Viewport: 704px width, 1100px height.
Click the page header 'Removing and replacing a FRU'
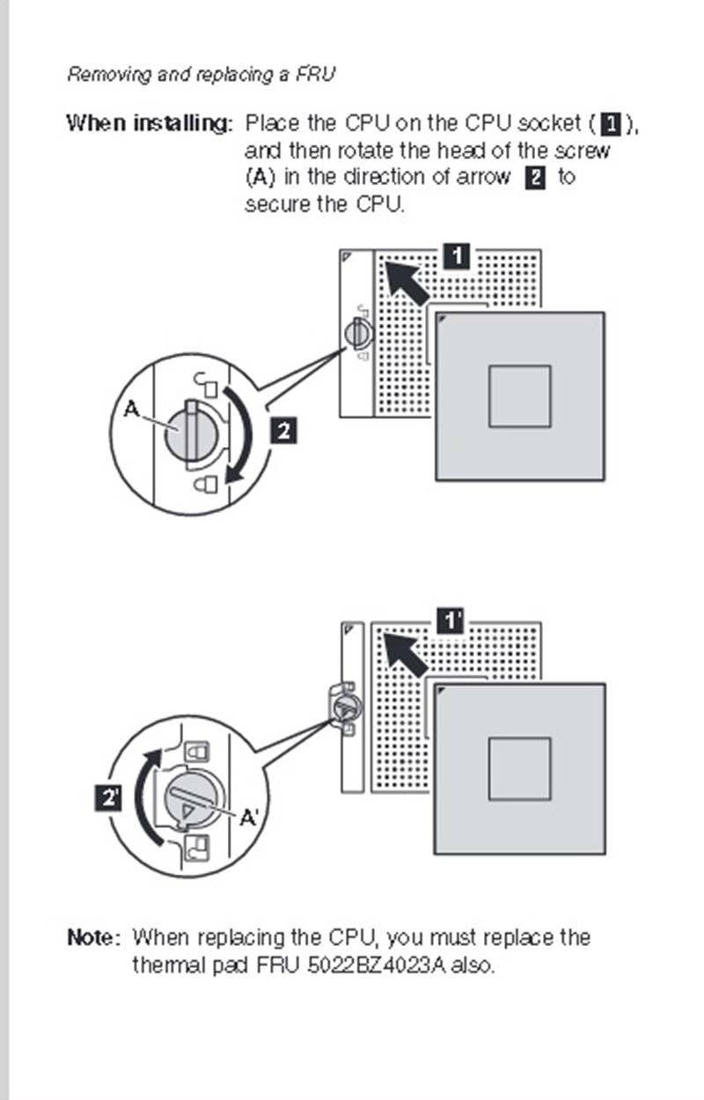[x=201, y=74]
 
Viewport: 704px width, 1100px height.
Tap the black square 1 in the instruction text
[x=612, y=124]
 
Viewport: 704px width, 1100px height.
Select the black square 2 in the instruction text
[x=535, y=177]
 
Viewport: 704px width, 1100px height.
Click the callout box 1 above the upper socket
[x=457, y=256]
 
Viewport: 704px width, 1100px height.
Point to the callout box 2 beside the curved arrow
[x=283, y=430]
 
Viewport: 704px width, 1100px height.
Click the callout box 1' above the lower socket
[x=451, y=620]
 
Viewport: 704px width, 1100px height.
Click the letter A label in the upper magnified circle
[x=131, y=408]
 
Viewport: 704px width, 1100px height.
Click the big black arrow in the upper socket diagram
[x=406, y=282]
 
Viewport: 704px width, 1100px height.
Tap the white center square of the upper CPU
[x=519, y=396]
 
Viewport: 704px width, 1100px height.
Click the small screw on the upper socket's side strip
[x=359, y=333]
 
